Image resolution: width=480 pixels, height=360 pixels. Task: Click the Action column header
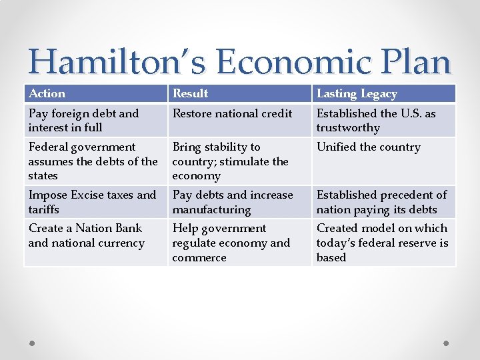[47, 94]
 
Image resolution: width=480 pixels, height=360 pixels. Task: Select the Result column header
[190, 94]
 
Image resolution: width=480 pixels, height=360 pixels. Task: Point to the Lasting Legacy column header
[357, 94]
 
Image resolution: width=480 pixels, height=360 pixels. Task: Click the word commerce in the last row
[199, 258]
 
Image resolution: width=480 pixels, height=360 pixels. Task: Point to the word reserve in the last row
[415, 243]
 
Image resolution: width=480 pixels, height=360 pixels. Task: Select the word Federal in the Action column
[48, 147]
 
